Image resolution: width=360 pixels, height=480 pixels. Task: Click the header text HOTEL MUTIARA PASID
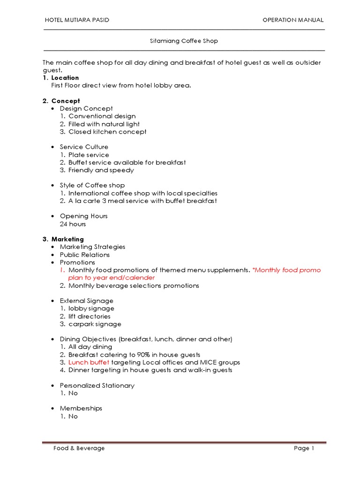(76, 20)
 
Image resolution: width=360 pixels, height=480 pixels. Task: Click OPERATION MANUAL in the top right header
(293, 20)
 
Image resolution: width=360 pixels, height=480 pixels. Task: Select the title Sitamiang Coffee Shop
(184, 41)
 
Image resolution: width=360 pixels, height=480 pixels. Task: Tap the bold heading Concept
(66, 101)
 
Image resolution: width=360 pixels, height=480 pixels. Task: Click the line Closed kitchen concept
(107, 132)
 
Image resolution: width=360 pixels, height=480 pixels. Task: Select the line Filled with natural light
(104, 124)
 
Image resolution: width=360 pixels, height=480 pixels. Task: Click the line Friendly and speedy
(101, 170)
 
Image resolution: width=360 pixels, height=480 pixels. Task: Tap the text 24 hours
(73, 224)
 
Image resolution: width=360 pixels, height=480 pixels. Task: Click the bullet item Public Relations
(84, 255)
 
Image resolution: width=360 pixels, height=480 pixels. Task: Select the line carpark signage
(95, 324)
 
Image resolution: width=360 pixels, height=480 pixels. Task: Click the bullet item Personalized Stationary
(97, 385)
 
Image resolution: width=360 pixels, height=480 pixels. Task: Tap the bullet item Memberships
(81, 408)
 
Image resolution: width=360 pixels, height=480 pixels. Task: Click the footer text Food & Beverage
(79, 448)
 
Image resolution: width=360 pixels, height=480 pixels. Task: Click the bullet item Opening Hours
(83, 216)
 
